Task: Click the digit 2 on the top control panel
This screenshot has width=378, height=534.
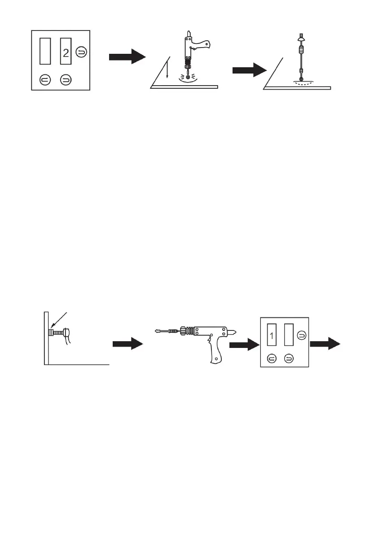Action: [x=66, y=53]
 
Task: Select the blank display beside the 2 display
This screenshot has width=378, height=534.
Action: [x=45, y=51]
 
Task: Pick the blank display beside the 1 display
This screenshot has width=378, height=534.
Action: [x=289, y=334]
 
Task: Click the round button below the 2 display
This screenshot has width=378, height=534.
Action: [x=66, y=80]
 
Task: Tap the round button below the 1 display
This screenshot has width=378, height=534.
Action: [x=272, y=358]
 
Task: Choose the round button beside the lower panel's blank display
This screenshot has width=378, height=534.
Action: [x=301, y=335]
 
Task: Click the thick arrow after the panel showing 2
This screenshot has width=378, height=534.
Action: [x=127, y=56]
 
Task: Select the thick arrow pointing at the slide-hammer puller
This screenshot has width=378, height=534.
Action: [x=250, y=70]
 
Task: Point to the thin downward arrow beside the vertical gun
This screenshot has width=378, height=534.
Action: [x=167, y=69]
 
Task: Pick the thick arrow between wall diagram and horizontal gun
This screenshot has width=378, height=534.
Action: [x=128, y=343]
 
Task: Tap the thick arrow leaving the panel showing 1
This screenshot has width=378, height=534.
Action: [x=325, y=343]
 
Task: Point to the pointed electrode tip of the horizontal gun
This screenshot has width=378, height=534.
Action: [x=158, y=330]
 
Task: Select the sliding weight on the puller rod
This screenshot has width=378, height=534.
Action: [x=300, y=50]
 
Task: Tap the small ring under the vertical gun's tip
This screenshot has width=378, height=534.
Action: [x=187, y=73]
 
